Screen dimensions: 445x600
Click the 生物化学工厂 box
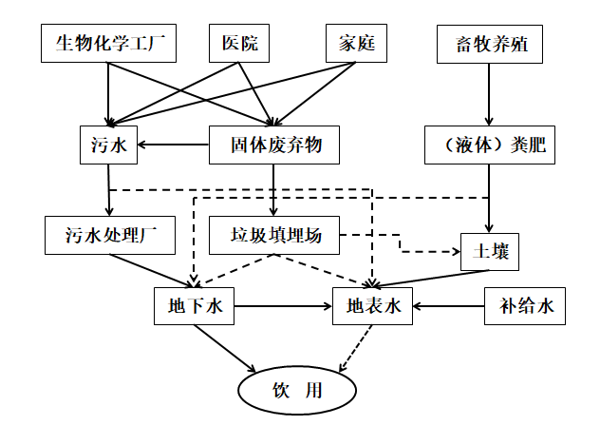coord(109,44)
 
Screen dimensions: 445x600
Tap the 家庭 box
coord(357,44)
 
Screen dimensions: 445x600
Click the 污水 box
coord(109,145)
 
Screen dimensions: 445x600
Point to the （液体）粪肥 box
coord(488,145)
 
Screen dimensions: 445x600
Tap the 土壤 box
coord(490,252)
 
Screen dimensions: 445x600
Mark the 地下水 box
coord(194,306)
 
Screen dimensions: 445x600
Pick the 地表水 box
coord(372,306)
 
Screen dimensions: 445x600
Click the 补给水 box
coord(525,306)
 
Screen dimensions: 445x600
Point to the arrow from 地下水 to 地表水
coord(283,306)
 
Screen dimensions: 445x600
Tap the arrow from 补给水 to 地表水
coord(449,306)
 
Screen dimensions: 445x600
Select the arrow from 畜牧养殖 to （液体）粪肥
coord(488,95)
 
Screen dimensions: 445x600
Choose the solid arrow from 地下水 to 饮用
coord(226,349)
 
